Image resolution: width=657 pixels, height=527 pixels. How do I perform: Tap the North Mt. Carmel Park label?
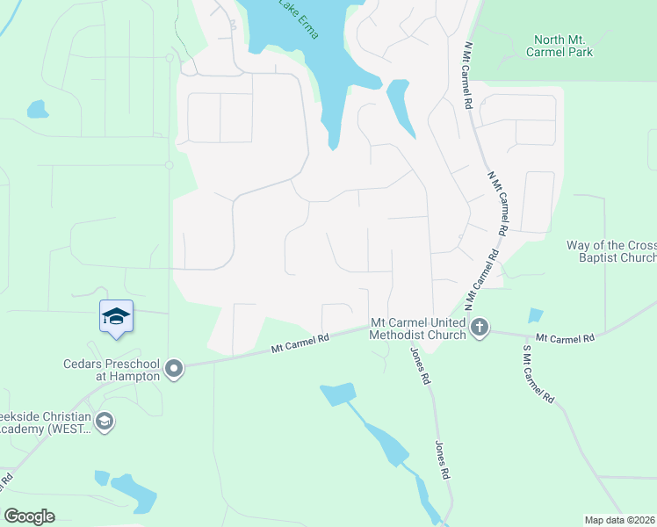[560, 46]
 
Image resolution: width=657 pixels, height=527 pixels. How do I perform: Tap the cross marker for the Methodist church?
[479, 328]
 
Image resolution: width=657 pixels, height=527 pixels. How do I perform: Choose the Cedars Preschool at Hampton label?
[111, 369]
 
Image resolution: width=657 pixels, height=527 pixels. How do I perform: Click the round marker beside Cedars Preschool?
[174, 369]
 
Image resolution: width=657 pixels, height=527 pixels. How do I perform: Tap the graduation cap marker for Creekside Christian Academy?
[105, 422]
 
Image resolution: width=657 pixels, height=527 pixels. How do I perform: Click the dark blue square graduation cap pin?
[116, 316]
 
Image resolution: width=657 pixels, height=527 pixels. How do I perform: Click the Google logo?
[29, 516]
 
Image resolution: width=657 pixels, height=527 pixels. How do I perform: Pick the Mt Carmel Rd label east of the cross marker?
[565, 337]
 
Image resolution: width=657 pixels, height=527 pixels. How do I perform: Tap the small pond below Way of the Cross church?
[536, 316]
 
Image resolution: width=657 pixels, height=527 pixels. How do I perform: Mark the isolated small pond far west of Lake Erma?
[37, 110]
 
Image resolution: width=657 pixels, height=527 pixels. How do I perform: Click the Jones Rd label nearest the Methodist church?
[419, 367]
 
